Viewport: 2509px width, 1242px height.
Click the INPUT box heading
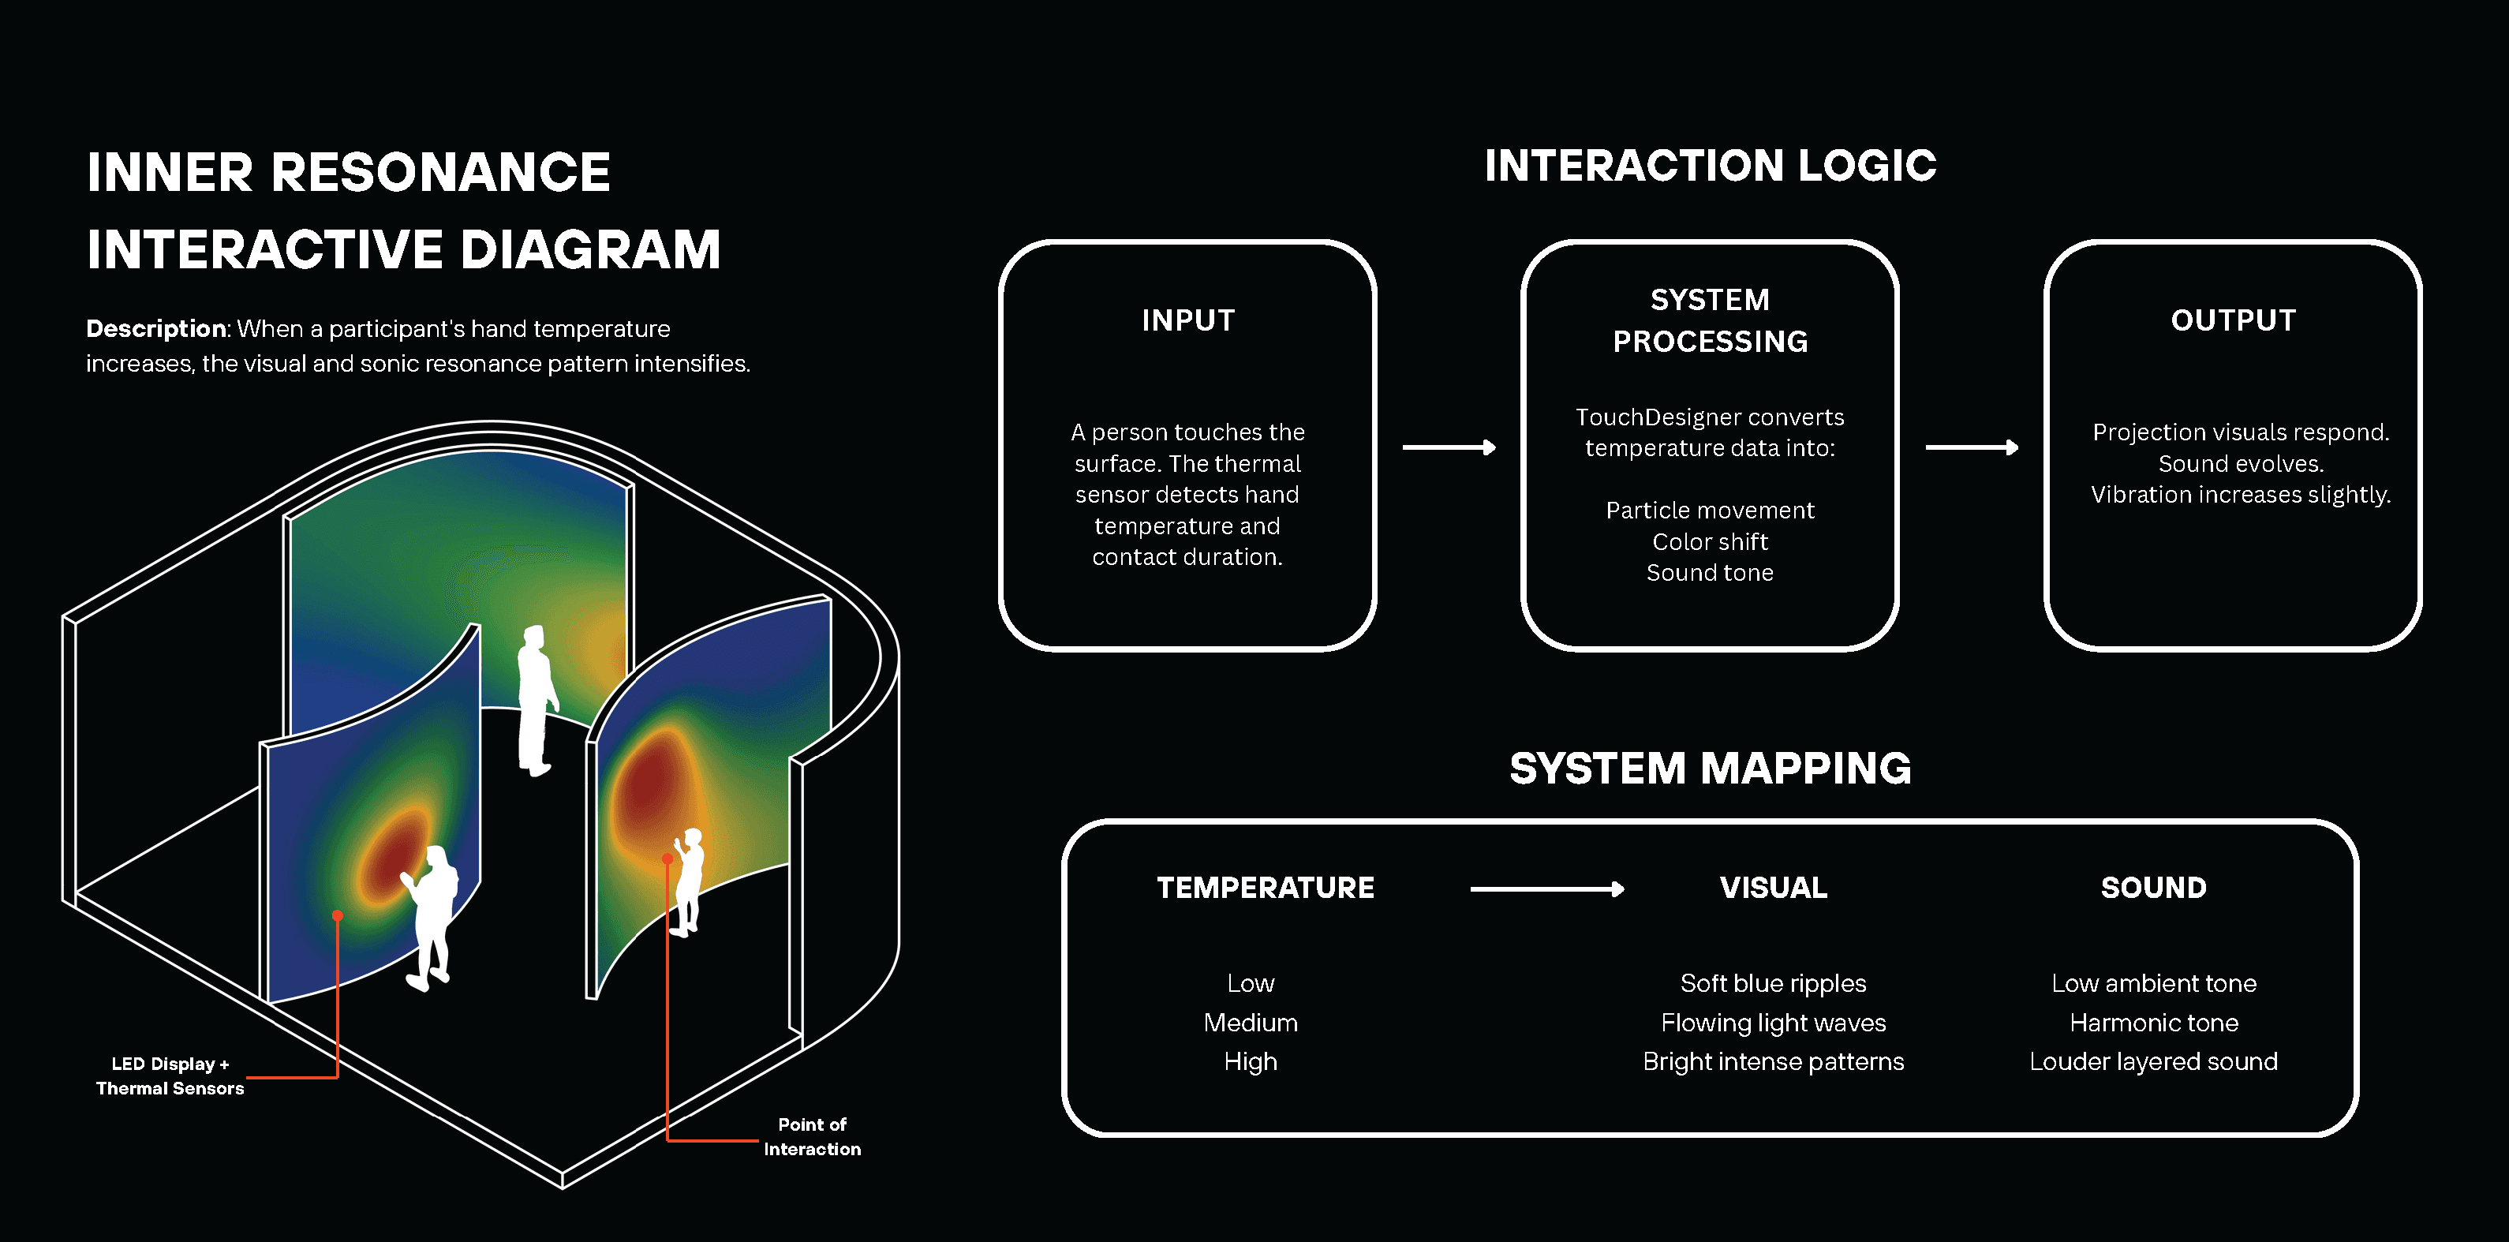point(1188,320)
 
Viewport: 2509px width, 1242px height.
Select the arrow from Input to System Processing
point(1449,447)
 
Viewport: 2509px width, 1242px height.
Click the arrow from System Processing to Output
point(1972,447)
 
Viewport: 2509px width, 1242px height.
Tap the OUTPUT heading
point(2234,320)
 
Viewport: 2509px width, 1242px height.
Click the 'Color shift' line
point(1711,541)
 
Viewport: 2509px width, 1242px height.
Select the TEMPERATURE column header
point(1266,888)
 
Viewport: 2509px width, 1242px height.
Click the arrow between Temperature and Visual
point(1546,888)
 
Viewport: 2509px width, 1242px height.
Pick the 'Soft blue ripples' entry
point(1773,984)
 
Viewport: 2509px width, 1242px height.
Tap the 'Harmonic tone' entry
point(2153,1023)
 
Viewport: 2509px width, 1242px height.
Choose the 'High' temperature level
point(1251,1062)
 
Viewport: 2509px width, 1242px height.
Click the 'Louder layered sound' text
point(2153,1062)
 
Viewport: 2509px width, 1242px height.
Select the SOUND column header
point(2153,888)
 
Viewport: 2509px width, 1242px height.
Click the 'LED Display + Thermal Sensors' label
point(170,1076)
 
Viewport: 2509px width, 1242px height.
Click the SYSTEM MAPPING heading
point(1711,769)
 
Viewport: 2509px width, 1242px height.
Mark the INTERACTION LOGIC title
point(1711,166)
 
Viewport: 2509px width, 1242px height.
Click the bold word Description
point(157,329)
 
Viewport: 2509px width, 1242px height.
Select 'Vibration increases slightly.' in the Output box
point(2240,495)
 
